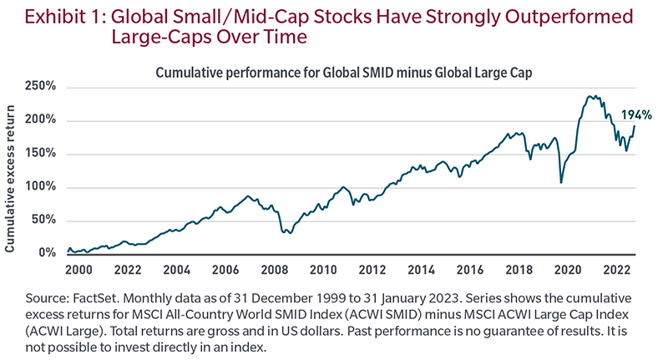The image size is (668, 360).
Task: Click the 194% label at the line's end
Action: point(635,115)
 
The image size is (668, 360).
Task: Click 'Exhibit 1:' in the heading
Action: point(53,16)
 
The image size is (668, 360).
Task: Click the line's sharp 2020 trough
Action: point(561,182)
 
